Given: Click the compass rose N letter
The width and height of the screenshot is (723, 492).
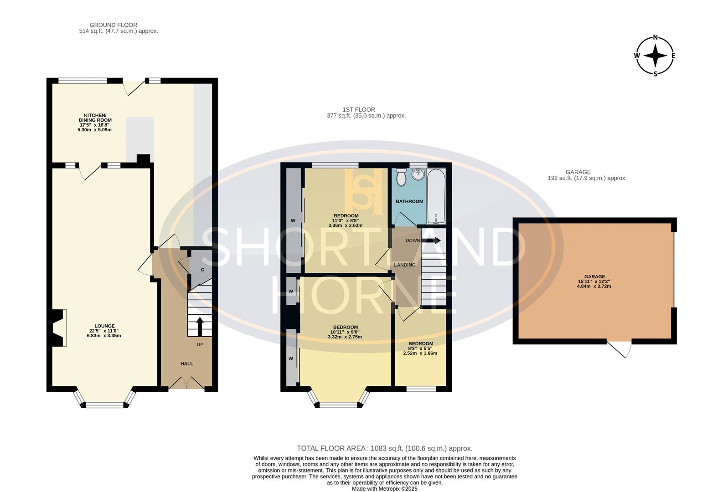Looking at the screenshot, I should [656, 37].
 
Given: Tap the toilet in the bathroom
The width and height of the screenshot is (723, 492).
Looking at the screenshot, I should [401, 178].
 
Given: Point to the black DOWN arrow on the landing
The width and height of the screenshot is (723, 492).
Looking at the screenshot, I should [430, 240].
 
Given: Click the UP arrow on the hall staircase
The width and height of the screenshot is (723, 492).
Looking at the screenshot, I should [200, 325].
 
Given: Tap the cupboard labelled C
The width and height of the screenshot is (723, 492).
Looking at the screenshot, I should [202, 270].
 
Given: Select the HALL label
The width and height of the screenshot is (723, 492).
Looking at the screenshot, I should [187, 364].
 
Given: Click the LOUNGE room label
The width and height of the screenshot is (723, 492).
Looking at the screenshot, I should [104, 326].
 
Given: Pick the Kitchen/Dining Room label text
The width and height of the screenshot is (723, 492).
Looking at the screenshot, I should [95, 118].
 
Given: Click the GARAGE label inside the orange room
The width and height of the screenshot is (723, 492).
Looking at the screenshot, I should [594, 277].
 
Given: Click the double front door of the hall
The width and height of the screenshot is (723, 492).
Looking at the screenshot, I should [186, 383].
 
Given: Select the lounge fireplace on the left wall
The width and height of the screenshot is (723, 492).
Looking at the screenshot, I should [59, 328].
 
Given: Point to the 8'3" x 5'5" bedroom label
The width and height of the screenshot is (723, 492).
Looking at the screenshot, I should [420, 348].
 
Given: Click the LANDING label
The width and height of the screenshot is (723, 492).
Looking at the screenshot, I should [405, 265].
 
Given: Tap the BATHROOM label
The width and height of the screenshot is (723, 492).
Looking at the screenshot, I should [409, 201].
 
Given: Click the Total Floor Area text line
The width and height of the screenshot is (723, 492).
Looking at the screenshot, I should [384, 448].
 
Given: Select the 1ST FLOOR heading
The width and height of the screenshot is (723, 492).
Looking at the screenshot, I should [359, 109].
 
